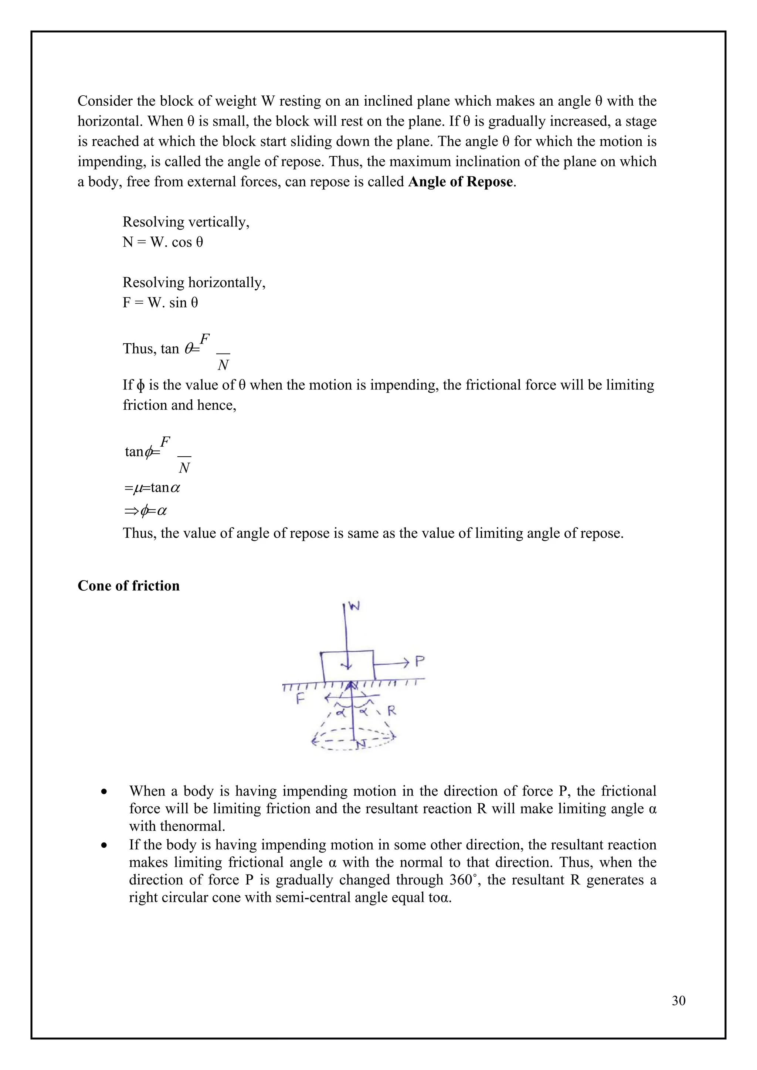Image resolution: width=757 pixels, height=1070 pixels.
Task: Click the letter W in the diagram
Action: [355, 606]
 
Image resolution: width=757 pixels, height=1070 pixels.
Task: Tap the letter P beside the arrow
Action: [420, 661]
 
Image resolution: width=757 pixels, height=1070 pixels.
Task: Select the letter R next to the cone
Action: [392, 711]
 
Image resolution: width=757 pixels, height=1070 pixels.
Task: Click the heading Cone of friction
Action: [128, 586]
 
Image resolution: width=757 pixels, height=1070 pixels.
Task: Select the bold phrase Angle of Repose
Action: [461, 182]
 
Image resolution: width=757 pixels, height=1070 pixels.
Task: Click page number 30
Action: [678, 1001]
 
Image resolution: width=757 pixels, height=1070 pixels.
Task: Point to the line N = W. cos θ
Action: [163, 242]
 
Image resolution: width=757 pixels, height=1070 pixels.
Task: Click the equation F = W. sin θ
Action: [160, 303]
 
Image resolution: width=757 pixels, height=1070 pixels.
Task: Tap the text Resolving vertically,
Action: [186, 222]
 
